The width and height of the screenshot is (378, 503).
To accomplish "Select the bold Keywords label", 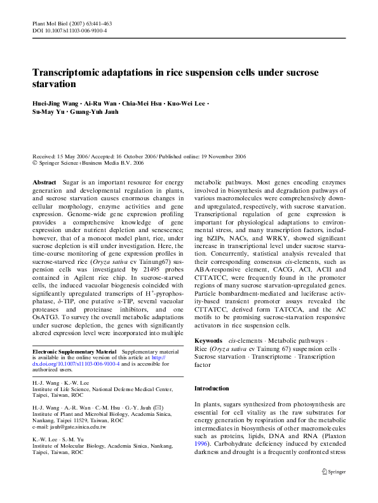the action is [208, 341].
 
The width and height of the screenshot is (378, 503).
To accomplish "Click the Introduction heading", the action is [212, 388].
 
